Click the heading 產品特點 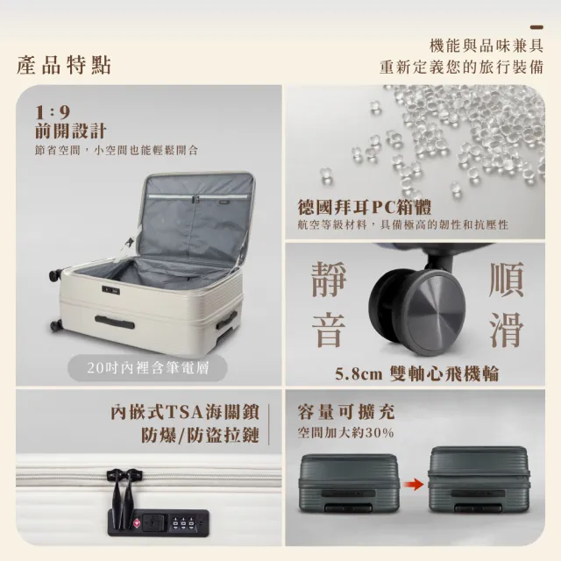(x=64, y=66)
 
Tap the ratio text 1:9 (x=53, y=112)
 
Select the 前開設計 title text (x=70, y=131)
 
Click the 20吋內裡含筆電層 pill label (x=148, y=368)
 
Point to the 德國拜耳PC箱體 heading (x=365, y=207)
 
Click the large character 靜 (x=329, y=279)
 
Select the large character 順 (x=507, y=280)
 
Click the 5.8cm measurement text (x=359, y=374)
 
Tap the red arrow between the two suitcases (x=413, y=485)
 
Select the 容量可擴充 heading (x=346, y=411)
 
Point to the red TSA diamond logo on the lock (x=137, y=522)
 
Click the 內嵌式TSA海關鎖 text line (x=185, y=412)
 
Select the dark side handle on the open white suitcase (x=115, y=323)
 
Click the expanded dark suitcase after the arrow (x=479, y=479)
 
